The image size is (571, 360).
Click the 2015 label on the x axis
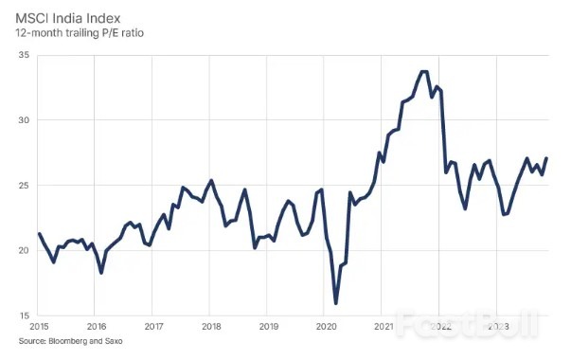(x=39, y=327)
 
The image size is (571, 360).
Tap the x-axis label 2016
(x=96, y=327)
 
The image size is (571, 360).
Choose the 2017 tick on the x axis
(x=153, y=327)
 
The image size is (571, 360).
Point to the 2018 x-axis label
(x=211, y=327)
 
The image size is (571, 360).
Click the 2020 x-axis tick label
(x=326, y=327)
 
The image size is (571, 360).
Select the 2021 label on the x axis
(x=384, y=327)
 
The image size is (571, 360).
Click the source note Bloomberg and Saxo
(x=70, y=342)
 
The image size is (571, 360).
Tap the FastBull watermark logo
(x=470, y=324)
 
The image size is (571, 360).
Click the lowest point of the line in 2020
(x=336, y=303)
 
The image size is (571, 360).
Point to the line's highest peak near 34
(x=423, y=71)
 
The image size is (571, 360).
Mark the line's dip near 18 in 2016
(x=101, y=272)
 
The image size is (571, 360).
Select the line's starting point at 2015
(x=39, y=233)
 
